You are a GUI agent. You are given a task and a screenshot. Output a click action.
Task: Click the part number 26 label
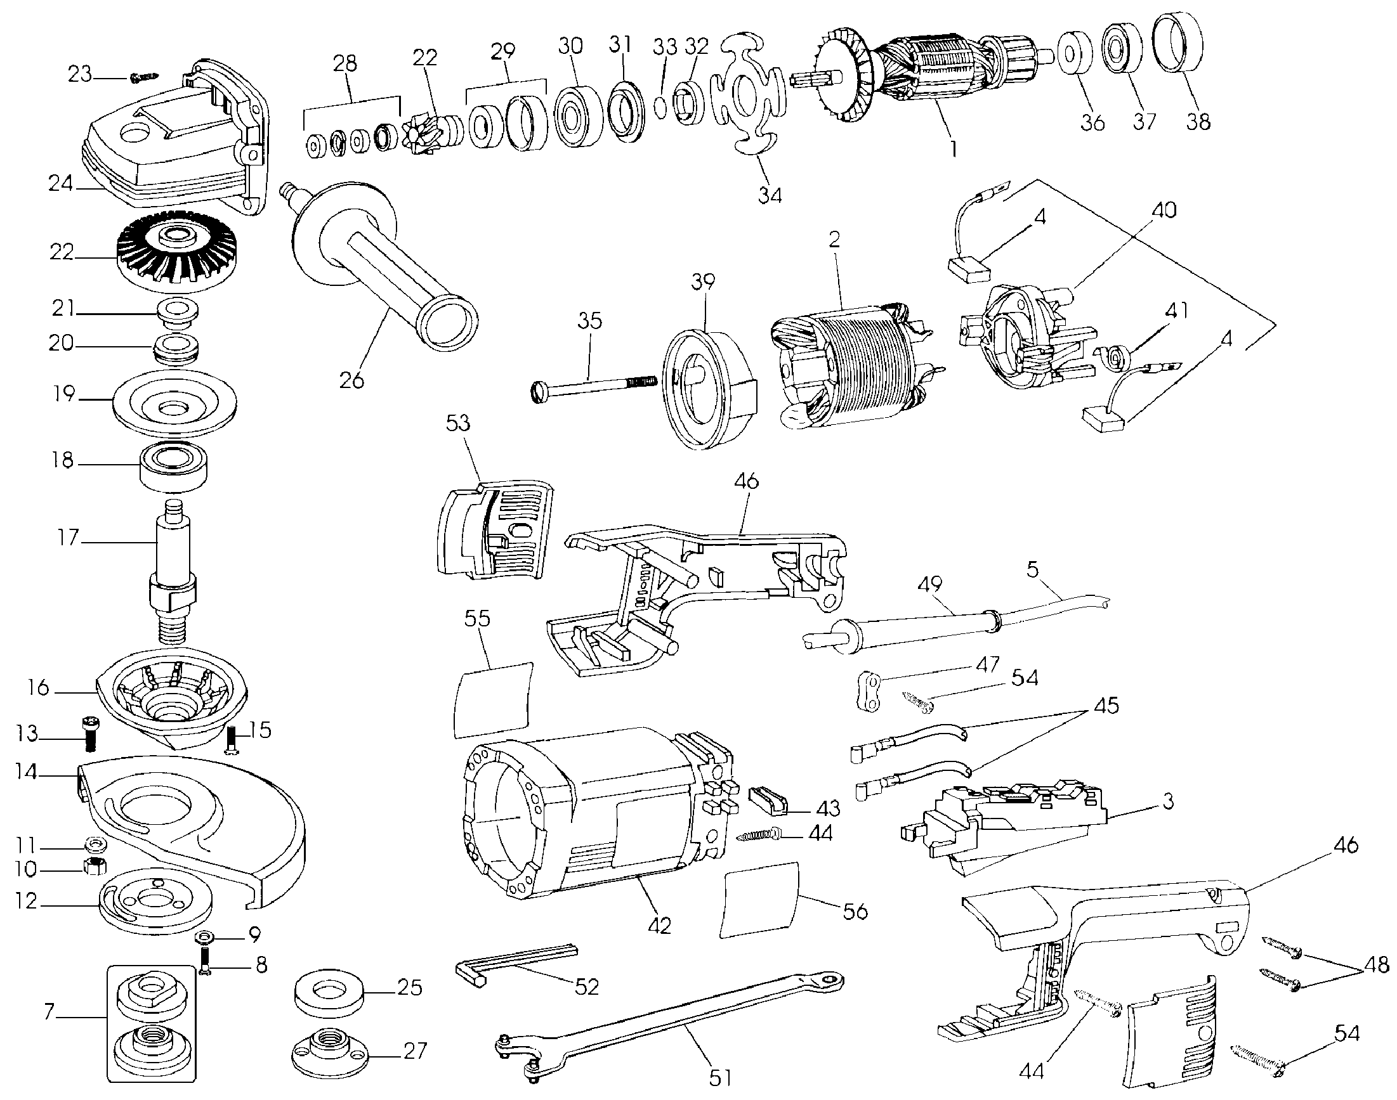pos(352,380)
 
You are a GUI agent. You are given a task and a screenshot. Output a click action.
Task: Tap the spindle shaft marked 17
pos(173,567)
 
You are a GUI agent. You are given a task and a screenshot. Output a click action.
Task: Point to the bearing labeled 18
pos(174,467)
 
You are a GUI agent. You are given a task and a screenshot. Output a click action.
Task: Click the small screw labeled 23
pos(143,77)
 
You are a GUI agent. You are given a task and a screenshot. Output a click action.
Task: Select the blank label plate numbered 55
pos(494,699)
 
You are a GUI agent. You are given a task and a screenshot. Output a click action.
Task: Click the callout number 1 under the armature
pos(952,150)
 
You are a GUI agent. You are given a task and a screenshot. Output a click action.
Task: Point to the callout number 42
pos(660,926)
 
